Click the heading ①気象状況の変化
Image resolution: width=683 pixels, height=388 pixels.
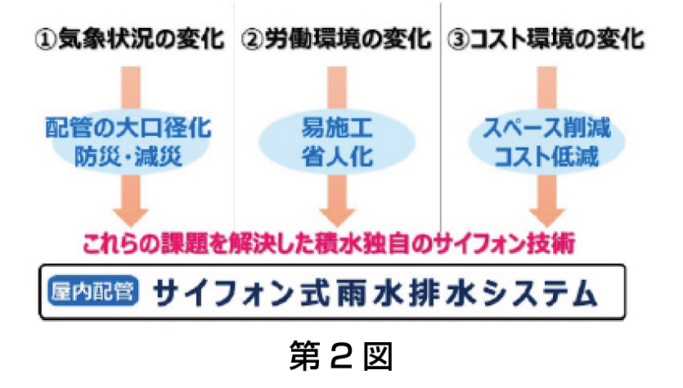click(129, 39)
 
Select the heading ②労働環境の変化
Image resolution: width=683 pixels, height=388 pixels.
click(336, 39)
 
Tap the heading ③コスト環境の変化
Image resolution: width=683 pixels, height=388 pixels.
click(546, 39)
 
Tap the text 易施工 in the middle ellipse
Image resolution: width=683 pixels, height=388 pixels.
click(336, 129)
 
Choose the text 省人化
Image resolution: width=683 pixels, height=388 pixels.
click(336, 155)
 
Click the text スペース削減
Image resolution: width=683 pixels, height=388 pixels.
click(546, 129)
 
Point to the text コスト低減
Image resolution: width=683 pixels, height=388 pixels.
click(546, 155)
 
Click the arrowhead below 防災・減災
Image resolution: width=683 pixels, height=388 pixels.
click(129, 214)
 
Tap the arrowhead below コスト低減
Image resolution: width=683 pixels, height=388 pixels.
click(546, 214)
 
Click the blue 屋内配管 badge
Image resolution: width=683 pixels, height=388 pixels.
click(93, 291)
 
